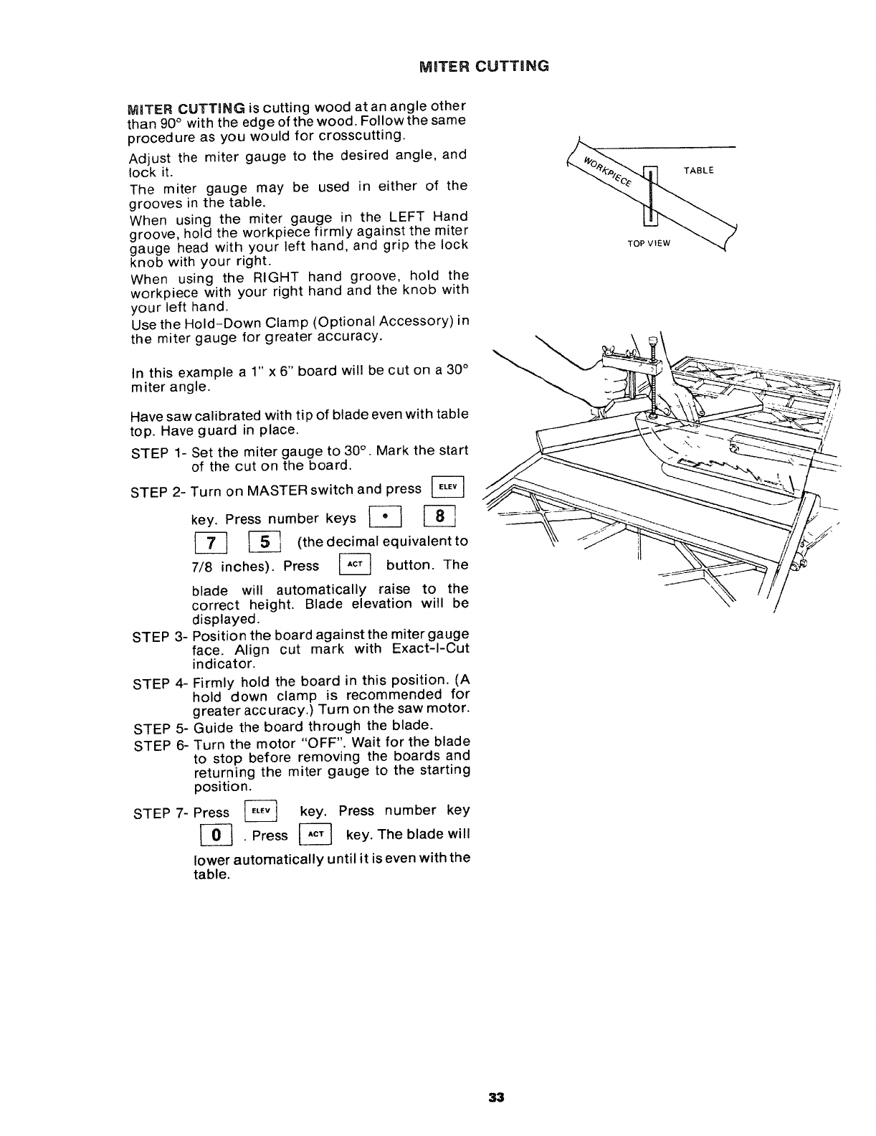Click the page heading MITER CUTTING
click(484, 66)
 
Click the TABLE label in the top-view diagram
click(698, 171)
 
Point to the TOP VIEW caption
click(648, 243)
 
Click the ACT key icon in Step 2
click(354, 566)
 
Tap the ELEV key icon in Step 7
click(261, 812)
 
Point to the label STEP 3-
click(158, 636)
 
